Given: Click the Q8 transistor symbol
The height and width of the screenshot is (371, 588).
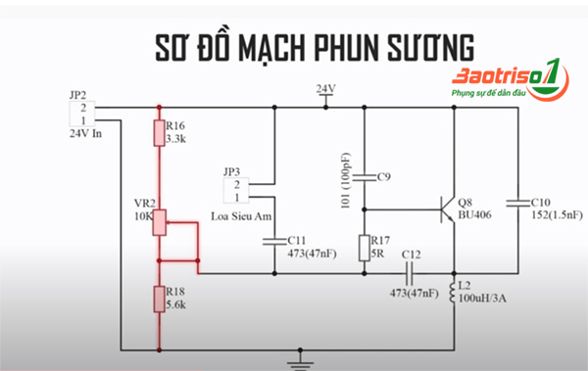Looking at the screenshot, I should (x=449, y=209).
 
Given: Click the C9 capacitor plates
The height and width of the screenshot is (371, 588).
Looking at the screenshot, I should (x=365, y=177).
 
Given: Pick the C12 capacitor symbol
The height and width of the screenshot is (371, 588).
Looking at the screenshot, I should (x=412, y=272).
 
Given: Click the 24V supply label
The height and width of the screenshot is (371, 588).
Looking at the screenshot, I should (x=325, y=89).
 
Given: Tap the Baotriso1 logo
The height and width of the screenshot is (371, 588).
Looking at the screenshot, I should (x=510, y=82).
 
